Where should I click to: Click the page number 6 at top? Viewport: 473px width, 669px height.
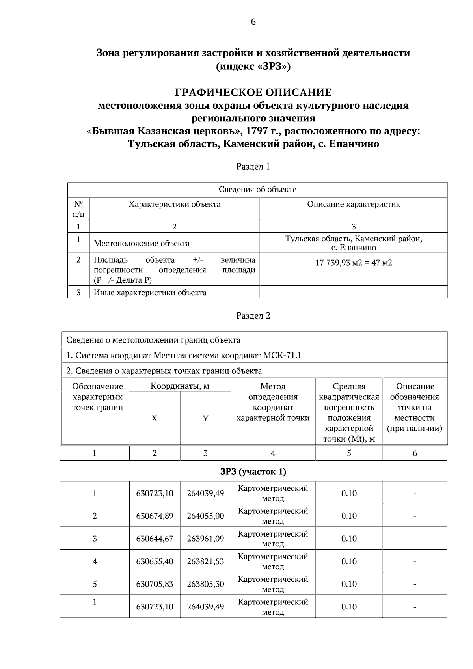[x=253, y=22]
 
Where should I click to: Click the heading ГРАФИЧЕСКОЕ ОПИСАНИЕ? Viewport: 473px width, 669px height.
[x=253, y=93]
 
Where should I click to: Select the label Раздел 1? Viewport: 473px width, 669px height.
[x=253, y=166]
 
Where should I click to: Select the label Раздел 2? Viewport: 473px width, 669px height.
[x=253, y=315]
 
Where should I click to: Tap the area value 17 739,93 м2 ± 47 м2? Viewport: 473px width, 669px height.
[x=354, y=263]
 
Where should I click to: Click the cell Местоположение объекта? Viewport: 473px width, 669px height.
[x=142, y=243]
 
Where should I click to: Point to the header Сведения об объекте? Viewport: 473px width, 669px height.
[x=257, y=190]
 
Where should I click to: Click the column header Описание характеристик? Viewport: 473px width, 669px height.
[x=354, y=204]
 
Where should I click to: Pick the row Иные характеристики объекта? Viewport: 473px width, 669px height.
[x=150, y=293]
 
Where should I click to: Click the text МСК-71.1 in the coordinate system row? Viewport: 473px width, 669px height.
[x=282, y=355]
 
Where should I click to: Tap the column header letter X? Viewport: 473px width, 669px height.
[x=155, y=419]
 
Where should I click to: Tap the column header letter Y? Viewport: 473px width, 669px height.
[x=205, y=419]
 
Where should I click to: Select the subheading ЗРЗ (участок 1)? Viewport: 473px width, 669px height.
[x=253, y=471]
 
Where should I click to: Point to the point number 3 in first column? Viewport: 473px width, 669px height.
[x=95, y=539]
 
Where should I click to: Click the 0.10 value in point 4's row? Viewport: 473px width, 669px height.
[x=349, y=561]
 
